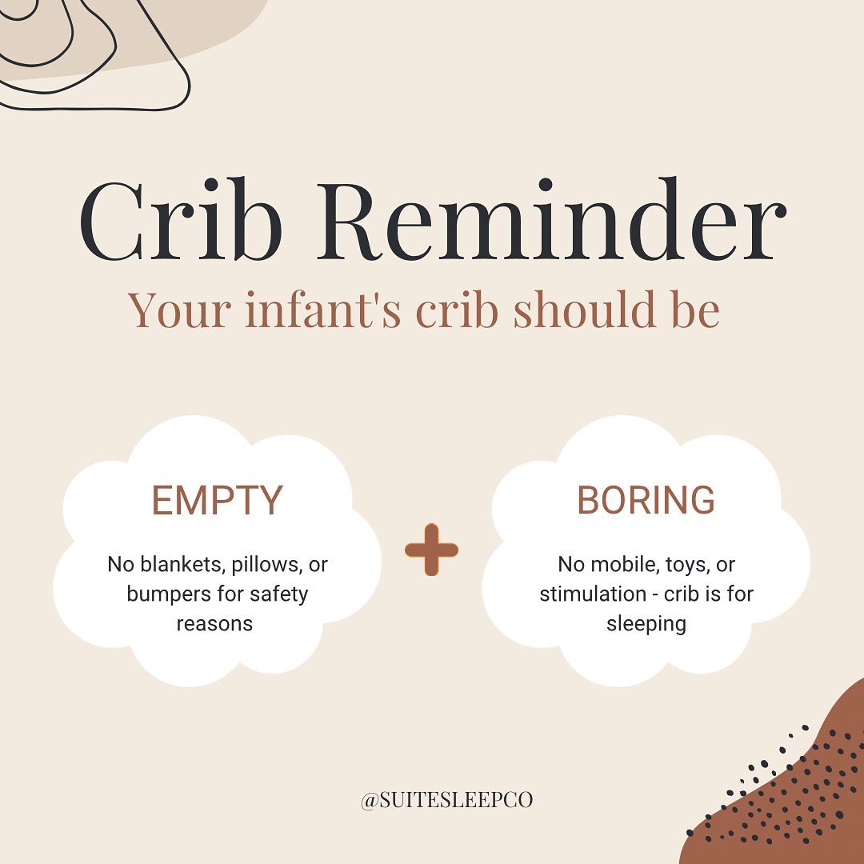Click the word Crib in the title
pyautogui.click(x=180, y=220)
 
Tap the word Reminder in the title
pyautogui.click(x=551, y=219)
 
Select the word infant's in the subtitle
pyautogui.click(x=322, y=310)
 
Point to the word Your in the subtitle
pyautogui.click(x=180, y=310)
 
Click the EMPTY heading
pyautogui.click(x=217, y=500)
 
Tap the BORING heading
pyautogui.click(x=646, y=500)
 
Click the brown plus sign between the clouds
pyautogui.click(x=431, y=550)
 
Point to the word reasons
pyautogui.click(x=214, y=625)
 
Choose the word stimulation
pyautogui.click(x=593, y=594)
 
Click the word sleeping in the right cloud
pyautogui.click(x=646, y=625)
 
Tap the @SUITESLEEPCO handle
pyautogui.click(x=447, y=800)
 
